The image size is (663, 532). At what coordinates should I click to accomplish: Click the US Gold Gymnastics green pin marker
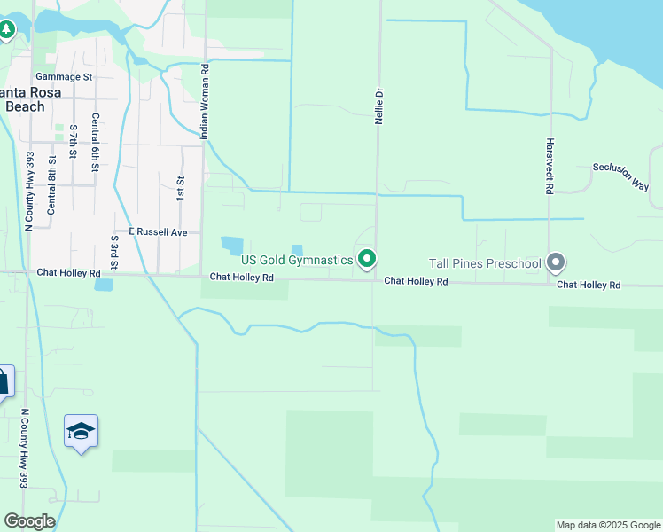pyautogui.click(x=367, y=259)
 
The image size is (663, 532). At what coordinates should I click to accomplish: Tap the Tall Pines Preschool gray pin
pyautogui.click(x=556, y=262)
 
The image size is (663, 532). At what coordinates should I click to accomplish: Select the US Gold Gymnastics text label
pyautogui.click(x=296, y=260)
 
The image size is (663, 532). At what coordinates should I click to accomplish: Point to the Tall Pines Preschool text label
pyautogui.click(x=484, y=263)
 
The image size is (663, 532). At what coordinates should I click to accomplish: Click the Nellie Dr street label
pyautogui.click(x=378, y=105)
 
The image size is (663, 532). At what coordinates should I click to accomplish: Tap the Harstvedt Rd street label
pyautogui.click(x=550, y=166)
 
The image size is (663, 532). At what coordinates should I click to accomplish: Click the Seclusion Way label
pyautogui.click(x=620, y=176)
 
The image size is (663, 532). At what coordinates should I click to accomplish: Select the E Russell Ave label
pyautogui.click(x=158, y=231)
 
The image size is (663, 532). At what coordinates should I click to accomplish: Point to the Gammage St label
pyautogui.click(x=64, y=77)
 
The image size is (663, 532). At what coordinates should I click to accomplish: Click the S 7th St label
pyautogui.click(x=73, y=142)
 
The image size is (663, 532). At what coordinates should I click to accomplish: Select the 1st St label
pyautogui.click(x=180, y=186)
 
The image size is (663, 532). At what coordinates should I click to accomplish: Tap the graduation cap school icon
pyautogui.click(x=82, y=432)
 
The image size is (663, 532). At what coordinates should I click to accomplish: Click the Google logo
pyautogui.click(x=29, y=521)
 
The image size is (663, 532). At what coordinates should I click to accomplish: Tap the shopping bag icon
pyautogui.click(x=3, y=382)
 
